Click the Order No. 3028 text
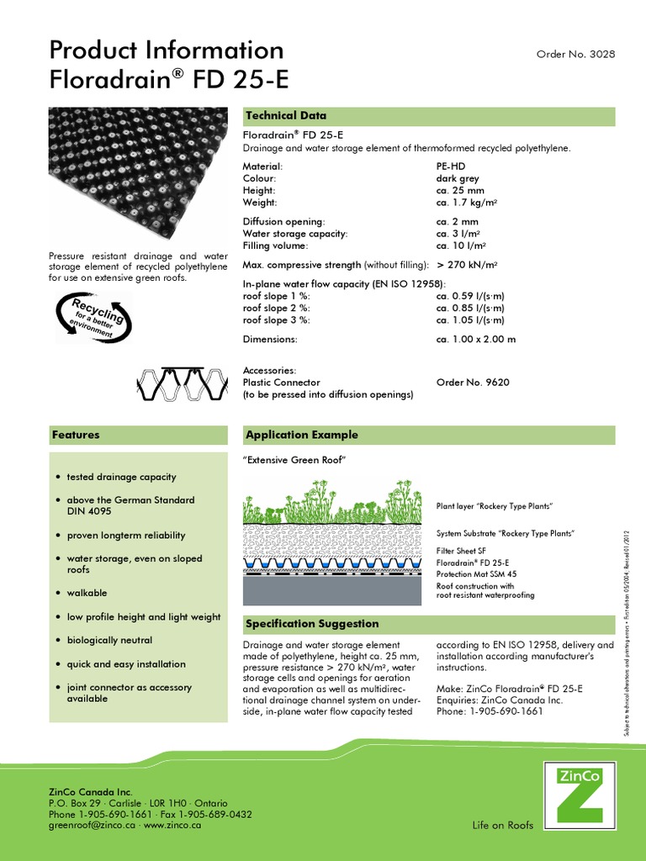pyautogui.click(x=575, y=54)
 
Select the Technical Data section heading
pyautogui.click(x=285, y=115)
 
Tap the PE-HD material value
pyautogui.click(x=452, y=167)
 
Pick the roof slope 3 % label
pyautogui.click(x=277, y=320)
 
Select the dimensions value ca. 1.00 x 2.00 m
pyautogui.click(x=475, y=339)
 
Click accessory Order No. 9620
pyautogui.click(x=473, y=382)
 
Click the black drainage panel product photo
pyautogui.click(x=138, y=175)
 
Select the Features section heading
pyautogui.click(x=76, y=435)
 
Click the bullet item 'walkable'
pyautogui.click(x=87, y=593)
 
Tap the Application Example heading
pyautogui.click(x=301, y=435)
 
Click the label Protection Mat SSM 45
pyautogui.click(x=476, y=573)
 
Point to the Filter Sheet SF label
pyautogui.click(x=461, y=551)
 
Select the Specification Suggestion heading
pyautogui.click(x=311, y=624)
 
